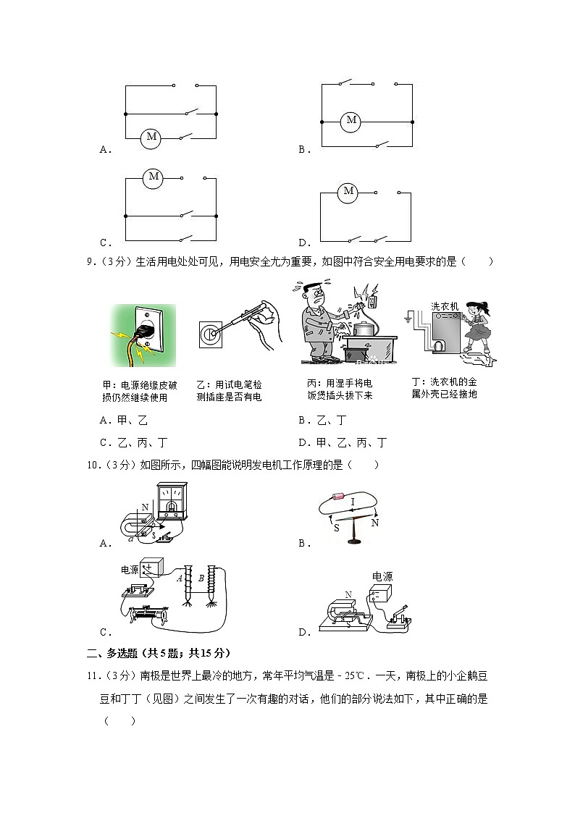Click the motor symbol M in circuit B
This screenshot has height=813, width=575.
pos(351,120)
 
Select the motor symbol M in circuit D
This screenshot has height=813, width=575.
pos(349,192)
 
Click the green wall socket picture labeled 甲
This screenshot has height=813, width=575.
pos(143,335)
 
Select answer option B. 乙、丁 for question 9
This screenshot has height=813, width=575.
pos(322,420)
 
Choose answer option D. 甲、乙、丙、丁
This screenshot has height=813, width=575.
pos(342,442)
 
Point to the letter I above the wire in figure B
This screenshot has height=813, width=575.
pos(353,501)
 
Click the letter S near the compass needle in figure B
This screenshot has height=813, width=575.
pos(336,528)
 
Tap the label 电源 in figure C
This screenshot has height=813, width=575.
pos(130,570)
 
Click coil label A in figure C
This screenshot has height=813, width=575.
pos(179,578)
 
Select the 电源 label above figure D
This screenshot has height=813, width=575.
pos(382,577)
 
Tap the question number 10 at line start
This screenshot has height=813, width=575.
pos(92,465)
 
